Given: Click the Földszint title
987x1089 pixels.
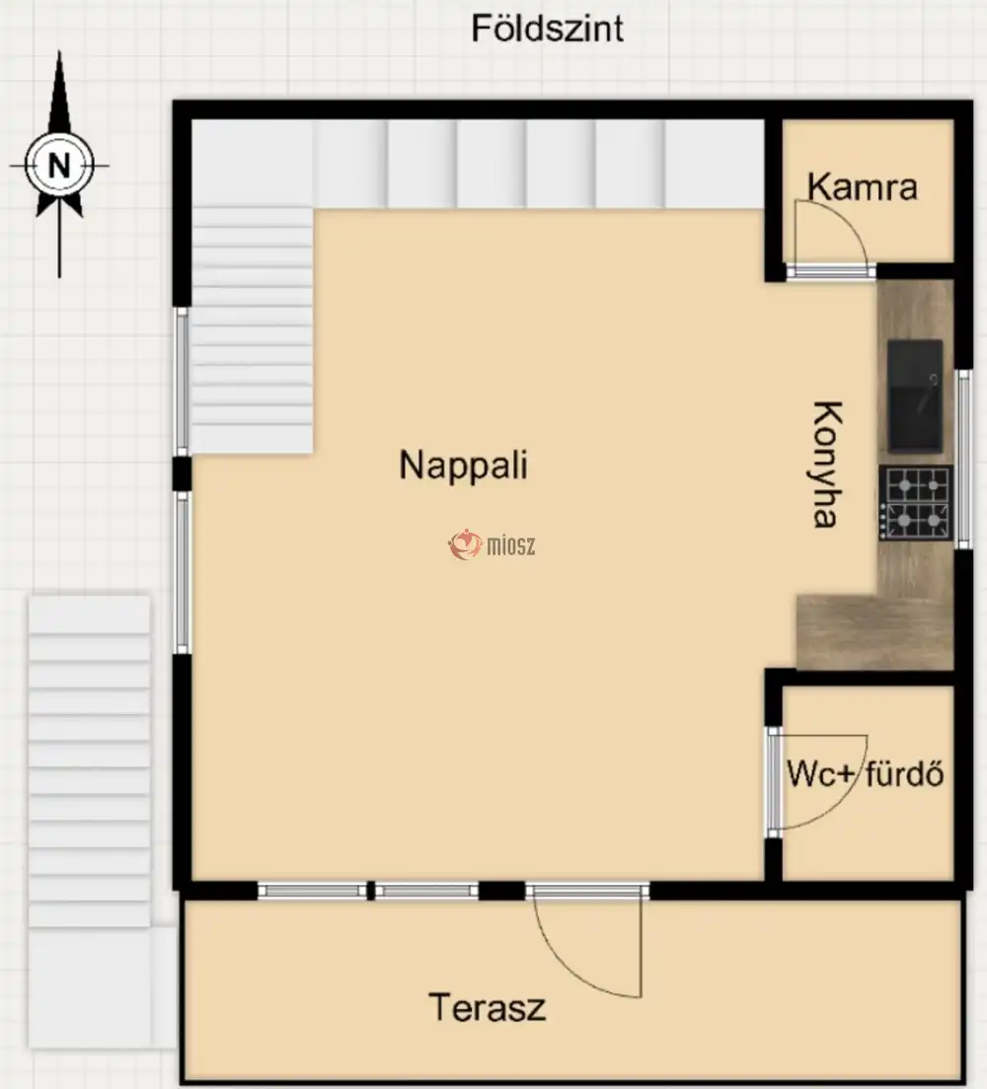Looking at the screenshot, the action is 547,30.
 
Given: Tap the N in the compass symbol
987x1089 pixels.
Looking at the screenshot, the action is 59,166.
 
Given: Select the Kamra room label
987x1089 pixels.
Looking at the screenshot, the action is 862,186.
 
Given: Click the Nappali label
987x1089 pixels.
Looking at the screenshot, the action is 463,466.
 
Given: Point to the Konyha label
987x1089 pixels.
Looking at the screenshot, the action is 828,464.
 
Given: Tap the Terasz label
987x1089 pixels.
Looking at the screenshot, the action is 487,1007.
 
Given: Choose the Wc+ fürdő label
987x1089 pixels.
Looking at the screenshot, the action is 866,773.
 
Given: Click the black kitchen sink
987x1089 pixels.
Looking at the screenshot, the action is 915,396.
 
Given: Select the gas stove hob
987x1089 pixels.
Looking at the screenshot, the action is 915,503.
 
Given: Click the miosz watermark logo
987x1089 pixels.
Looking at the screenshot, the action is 492,545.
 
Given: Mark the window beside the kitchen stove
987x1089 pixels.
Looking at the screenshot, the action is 964,459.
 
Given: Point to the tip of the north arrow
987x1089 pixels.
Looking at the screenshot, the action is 59,51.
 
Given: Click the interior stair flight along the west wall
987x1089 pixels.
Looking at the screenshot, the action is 252,330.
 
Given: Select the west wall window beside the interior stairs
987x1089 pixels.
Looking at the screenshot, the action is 182,382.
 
